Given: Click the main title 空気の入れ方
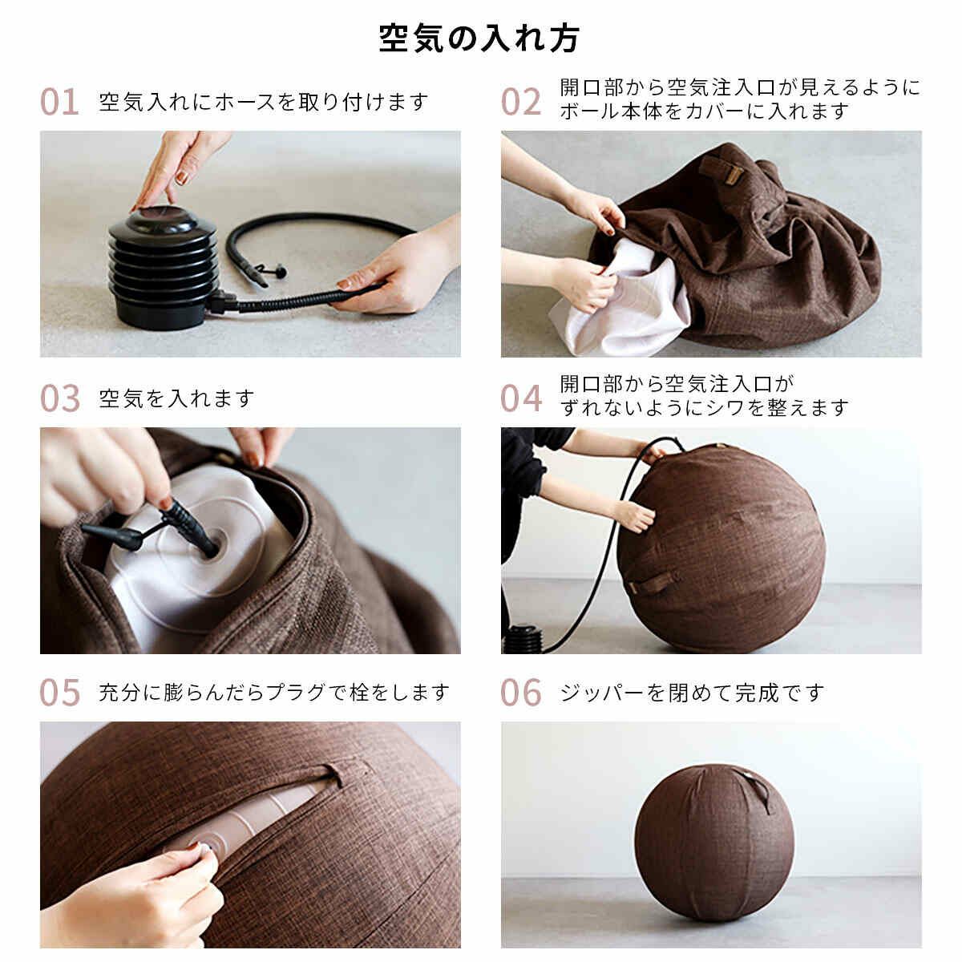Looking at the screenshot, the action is (x=479, y=38).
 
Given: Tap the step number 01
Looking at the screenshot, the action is (x=59, y=102).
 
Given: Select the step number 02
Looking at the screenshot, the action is (x=521, y=102).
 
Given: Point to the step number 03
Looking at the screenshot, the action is (x=60, y=398).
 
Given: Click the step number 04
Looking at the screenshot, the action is (x=521, y=398).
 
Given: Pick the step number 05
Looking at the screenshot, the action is (x=60, y=692).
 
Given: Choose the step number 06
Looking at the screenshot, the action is (x=521, y=692).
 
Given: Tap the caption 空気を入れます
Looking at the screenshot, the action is (x=176, y=398).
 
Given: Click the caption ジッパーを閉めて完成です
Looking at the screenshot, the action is (x=691, y=693).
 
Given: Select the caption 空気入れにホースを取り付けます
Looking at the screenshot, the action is (x=263, y=102).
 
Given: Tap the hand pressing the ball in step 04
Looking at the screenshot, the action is (x=635, y=516).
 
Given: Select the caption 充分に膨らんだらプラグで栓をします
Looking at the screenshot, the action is (x=273, y=693).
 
